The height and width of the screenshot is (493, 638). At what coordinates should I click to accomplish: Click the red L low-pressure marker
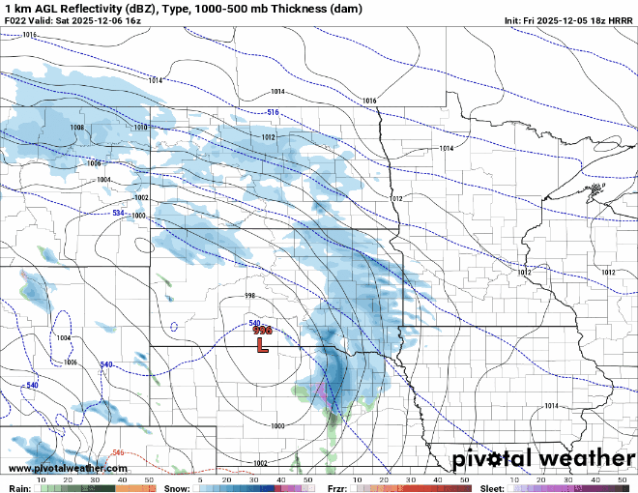(261, 342)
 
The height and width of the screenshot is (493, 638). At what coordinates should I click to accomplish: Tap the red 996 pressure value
(262, 331)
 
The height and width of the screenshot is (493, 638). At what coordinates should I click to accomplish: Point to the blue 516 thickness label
(273, 113)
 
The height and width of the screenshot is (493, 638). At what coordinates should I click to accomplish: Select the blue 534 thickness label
(118, 213)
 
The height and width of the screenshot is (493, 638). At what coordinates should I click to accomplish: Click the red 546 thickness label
(118, 452)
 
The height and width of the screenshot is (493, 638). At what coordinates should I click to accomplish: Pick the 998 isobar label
(249, 296)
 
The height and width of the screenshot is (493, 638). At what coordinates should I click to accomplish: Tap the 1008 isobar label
(77, 128)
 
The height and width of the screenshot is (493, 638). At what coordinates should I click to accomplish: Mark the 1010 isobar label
(140, 128)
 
